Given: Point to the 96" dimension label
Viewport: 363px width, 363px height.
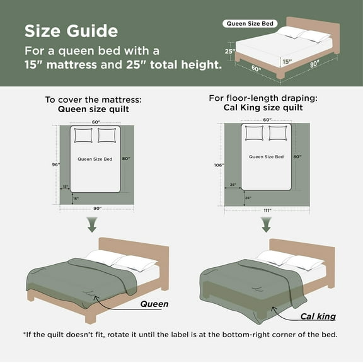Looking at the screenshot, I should [55, 164].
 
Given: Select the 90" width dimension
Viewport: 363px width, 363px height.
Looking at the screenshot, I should [96, 209].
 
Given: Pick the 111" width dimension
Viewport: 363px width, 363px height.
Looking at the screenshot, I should [267, 210].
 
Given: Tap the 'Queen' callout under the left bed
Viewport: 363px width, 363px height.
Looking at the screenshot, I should [154, 304].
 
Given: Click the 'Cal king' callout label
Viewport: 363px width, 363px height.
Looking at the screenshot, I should [318, 316].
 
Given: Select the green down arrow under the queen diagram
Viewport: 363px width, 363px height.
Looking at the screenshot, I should [93, 224].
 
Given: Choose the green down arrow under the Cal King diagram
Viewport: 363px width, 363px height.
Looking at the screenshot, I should [267, 224].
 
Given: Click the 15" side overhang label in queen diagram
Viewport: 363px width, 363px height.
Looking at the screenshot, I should [65, 187].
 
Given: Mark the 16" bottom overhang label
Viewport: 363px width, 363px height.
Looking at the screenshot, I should [76, 199].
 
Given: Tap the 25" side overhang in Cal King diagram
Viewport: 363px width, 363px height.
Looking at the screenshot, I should [233, 185].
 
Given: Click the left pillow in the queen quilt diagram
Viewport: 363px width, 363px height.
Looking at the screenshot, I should [83, 135].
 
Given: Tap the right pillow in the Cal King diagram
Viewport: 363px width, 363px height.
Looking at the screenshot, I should [278, 133].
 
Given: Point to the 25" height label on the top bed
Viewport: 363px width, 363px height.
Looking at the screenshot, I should [229, 52].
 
